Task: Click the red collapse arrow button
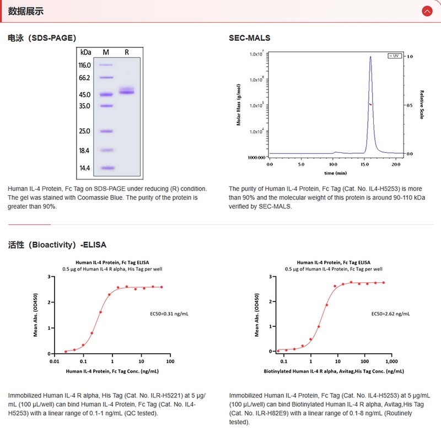427,11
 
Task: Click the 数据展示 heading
26,11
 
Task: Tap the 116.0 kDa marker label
85,65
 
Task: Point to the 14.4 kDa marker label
85,168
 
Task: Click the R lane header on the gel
127,52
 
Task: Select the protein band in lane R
127,92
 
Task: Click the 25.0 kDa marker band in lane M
106,131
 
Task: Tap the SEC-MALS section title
250,38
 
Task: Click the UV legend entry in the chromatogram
394,56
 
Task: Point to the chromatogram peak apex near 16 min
370,56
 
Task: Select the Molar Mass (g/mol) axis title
239,105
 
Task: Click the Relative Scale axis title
422,105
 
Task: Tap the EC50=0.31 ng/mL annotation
169,314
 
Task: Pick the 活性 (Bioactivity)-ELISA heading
57,244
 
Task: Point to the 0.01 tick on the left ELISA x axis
54,362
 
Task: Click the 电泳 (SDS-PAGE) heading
42,38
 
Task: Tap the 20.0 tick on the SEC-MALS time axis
397,164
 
